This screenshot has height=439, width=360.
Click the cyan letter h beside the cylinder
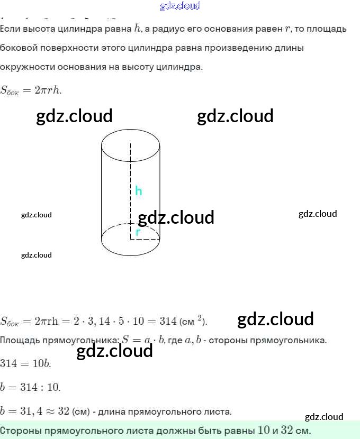pyautogui.click(x=138, y=191)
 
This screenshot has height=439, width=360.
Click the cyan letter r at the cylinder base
pyautogui.click(x=138, y=232)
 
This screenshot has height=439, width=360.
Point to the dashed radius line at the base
pyautogui.click(x=145, y=239)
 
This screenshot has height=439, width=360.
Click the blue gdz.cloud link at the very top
pyautogui.click(x=180, y=6)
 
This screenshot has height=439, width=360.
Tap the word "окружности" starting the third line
pyautogui.click(x=27, y=67)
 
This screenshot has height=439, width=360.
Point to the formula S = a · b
pyautogui.click(x=140, y=340)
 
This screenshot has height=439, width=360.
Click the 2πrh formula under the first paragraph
pyautogui.click(x=48, y=90)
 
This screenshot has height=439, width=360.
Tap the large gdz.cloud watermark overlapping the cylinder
pyautogui.click(x=176, y=217)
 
